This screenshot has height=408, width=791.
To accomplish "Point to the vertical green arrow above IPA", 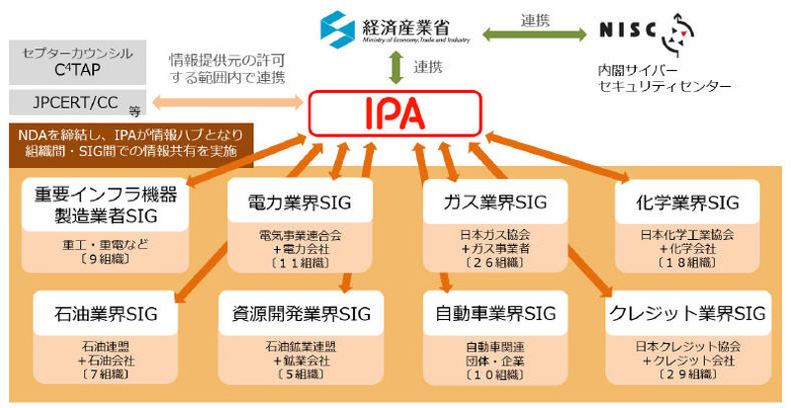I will coord(395,68).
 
